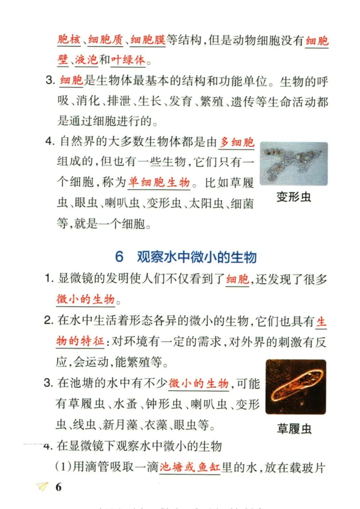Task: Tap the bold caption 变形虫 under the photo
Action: coord(294,197)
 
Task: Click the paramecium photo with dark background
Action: coord(295,386)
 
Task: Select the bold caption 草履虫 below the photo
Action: coord(294,429)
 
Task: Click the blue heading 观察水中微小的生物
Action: coord(197,257)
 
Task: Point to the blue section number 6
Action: coord(119,257)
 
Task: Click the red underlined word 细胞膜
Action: coord(148,40)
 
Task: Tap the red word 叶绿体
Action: coord(129,59)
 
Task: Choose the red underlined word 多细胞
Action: coord(237,143)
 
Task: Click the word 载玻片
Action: coord(310,467)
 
